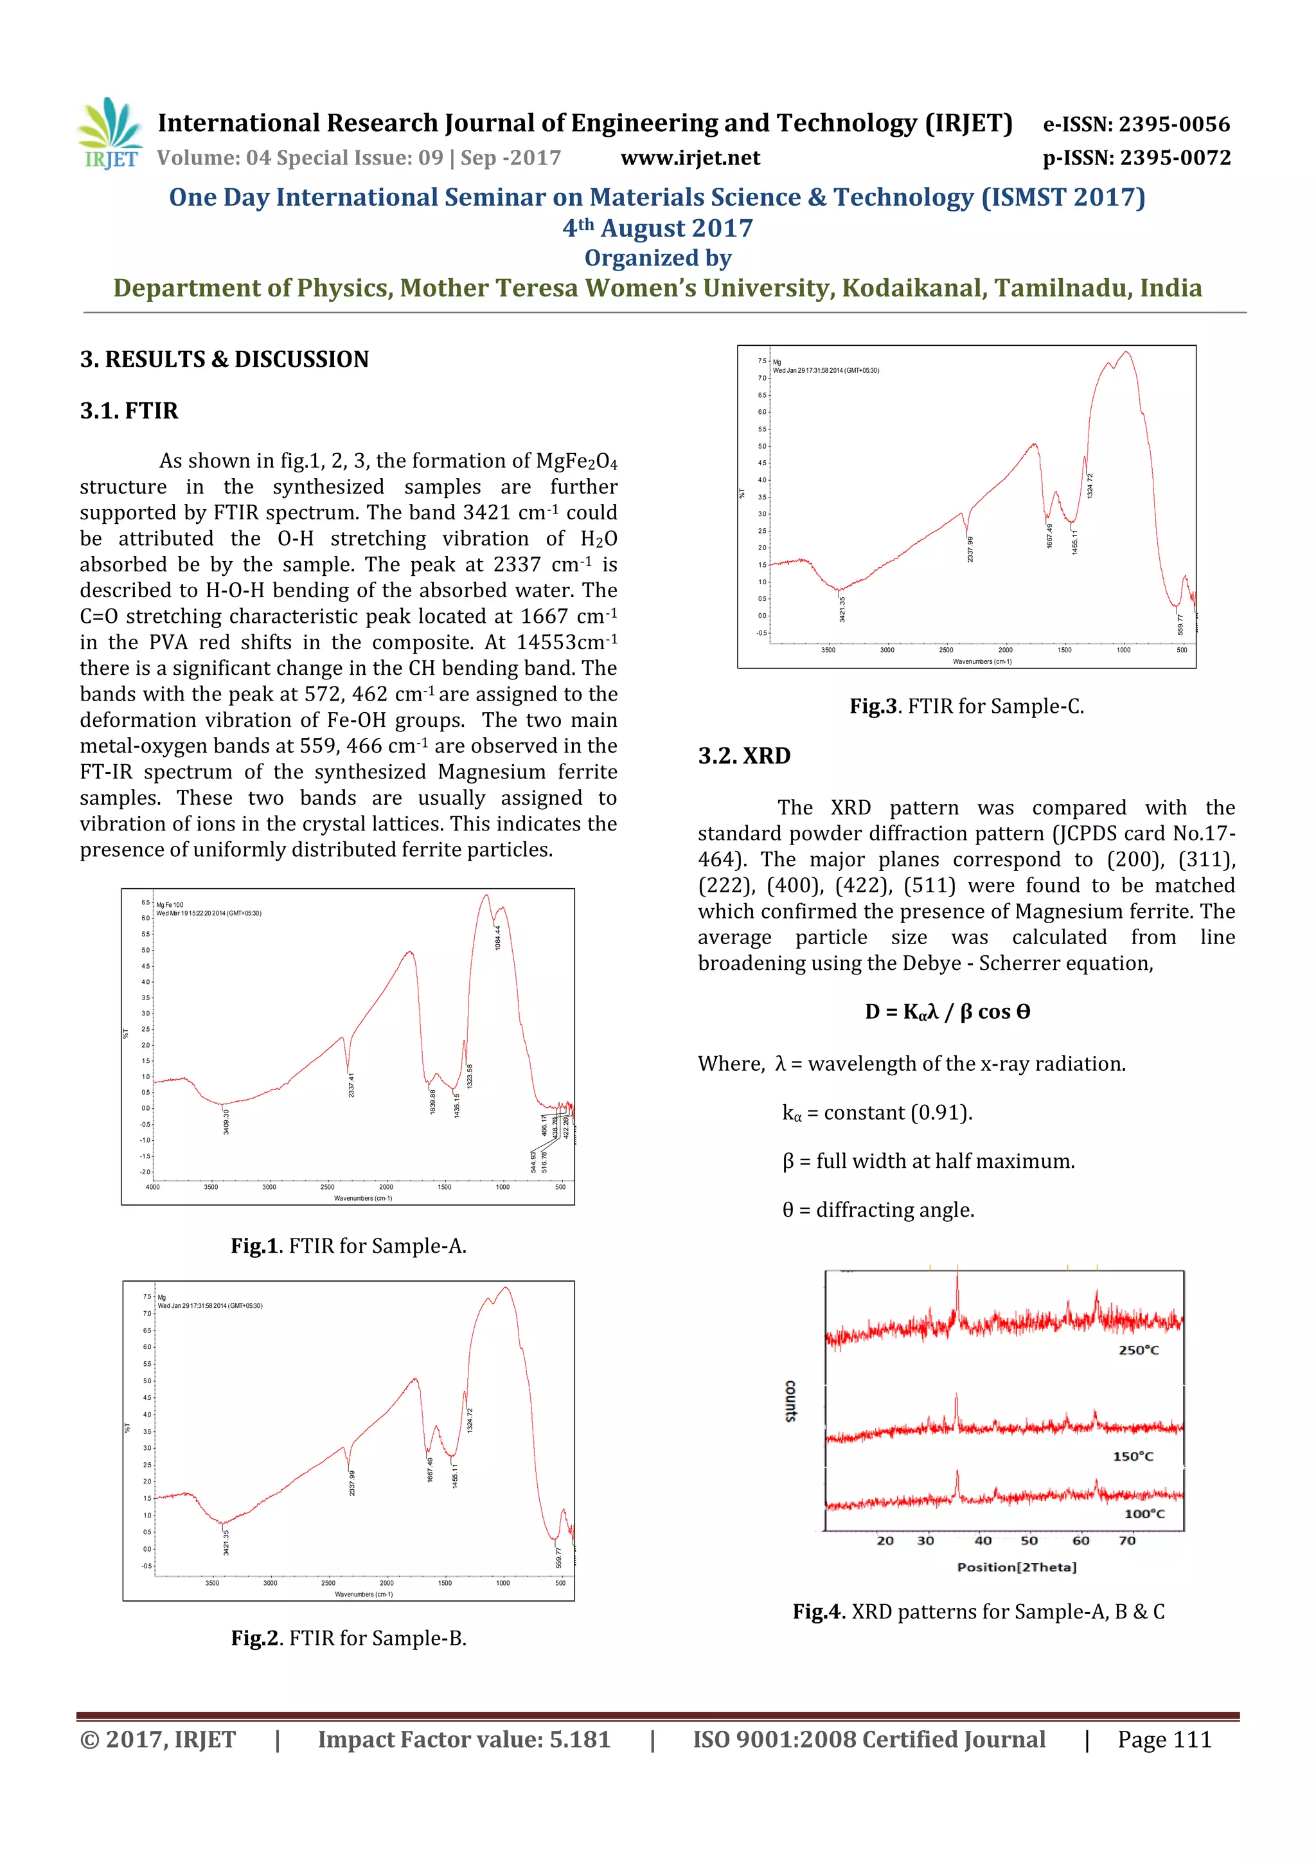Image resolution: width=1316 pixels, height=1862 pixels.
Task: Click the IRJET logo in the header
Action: click(109, 134)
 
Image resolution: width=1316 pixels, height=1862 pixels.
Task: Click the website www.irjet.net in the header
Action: click(690, 158)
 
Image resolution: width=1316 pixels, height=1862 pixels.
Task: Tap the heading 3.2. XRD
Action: click(743, 756)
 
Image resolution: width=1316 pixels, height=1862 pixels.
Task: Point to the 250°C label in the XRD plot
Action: click(1139, 1350)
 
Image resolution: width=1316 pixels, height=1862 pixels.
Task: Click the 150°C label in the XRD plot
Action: click(1133, 1456)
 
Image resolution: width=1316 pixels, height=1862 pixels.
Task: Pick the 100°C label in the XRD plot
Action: click(1144, 1514)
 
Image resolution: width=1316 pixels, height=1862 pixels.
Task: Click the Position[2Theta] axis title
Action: click(1017, 1567)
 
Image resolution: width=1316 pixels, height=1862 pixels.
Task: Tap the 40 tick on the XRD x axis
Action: click(983, 1541)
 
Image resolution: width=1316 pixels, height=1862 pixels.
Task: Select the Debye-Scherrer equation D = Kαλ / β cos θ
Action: click(947, 1012)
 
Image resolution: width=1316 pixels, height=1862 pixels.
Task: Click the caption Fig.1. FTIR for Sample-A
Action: click(349, 1246)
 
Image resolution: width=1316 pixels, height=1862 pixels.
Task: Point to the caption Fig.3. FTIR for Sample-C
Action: click(966, 706)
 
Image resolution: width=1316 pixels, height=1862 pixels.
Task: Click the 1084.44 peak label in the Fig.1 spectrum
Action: click(498, 938)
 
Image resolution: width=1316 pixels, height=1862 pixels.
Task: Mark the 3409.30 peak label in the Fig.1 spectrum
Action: click(226, 1122)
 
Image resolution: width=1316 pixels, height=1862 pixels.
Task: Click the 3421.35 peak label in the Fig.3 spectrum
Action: click(842, 609)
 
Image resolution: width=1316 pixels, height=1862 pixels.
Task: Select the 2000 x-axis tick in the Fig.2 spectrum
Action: click(387, 1582)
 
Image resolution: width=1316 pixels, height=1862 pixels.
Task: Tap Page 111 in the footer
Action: click(1164, 1739)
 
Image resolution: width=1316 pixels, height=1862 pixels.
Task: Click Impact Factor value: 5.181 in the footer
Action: click(464, 1739)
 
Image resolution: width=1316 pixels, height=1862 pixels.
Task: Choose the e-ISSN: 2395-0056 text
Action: click(1136, 124)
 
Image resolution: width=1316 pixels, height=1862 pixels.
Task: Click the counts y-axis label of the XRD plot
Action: click(790, 1401)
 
